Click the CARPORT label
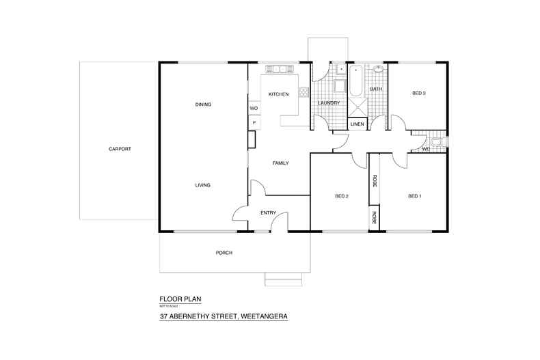point(119,148)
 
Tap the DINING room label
point(203,105)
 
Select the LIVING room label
point(202,185)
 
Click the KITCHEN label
point(278,94)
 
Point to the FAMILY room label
point(280,163)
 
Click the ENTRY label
point(268,213)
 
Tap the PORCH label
point(224,253)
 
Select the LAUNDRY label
point(329,103)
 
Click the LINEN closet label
point(357,124)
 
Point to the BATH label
point(376,89)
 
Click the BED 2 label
point(342,197)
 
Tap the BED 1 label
point(414,197)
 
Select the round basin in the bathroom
point(378,69)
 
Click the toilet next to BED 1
point(440,143)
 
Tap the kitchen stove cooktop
point(304,92)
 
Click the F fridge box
point(254,123)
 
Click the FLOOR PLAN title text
point(180,299)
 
